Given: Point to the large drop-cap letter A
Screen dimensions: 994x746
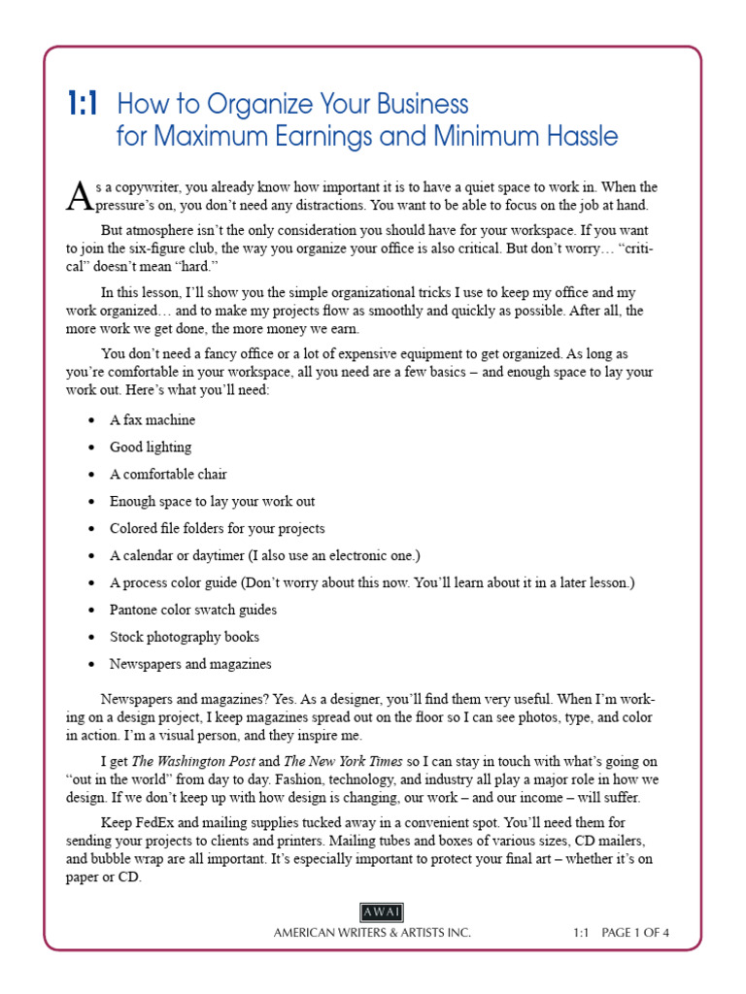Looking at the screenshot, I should pos(85,195).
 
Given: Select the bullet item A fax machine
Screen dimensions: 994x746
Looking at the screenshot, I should pos(152,420).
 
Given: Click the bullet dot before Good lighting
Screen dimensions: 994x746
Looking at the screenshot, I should pos(90,447).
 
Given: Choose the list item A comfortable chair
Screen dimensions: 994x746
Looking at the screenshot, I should pos(168,475).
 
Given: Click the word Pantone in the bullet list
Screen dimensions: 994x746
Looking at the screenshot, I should pos(135,611).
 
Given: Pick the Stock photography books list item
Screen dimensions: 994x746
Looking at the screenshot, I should pos(184,638).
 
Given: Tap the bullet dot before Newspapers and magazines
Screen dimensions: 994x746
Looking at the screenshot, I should pos(90,665).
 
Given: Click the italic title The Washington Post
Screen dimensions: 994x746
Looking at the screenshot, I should pos(192,762).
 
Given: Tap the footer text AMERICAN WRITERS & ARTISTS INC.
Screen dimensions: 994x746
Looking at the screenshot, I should pos(372,933).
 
